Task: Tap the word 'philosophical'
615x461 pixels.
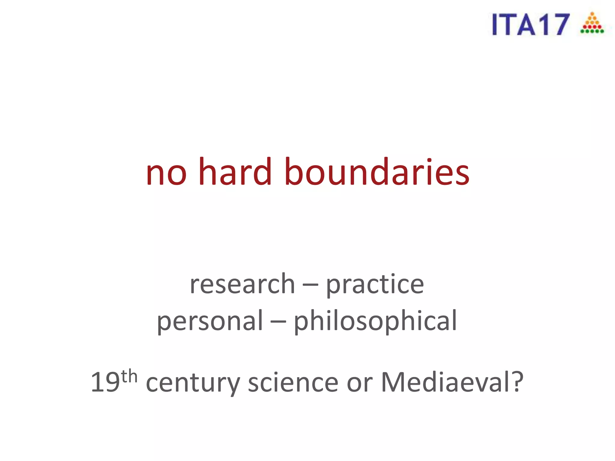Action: (375, 322)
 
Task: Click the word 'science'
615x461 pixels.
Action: (293, 382)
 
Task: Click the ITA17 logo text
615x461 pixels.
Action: (531, 25)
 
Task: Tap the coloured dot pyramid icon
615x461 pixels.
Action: (592, 23)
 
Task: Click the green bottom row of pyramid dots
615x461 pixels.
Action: (592, 31)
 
